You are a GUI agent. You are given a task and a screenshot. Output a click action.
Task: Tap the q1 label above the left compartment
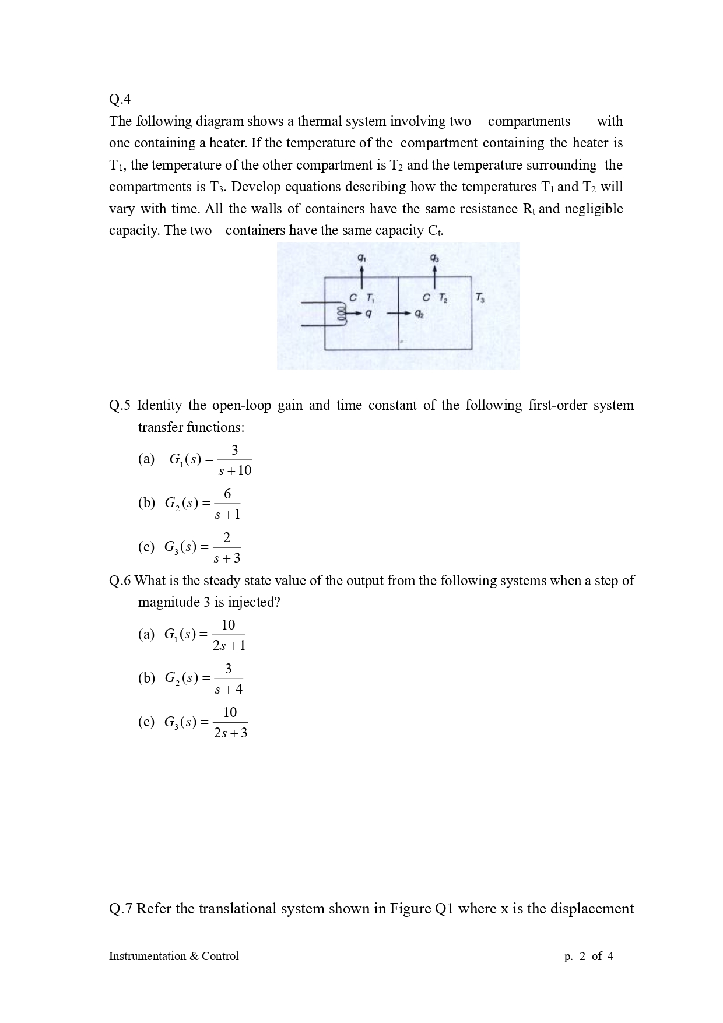coord(361,257)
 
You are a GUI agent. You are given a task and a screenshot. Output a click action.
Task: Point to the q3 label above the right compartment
coord(434,257)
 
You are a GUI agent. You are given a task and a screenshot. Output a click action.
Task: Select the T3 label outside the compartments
coord(479,298)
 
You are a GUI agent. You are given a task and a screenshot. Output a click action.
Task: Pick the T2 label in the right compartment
coord(443,298)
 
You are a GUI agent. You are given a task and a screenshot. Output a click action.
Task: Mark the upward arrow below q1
coord(361,276)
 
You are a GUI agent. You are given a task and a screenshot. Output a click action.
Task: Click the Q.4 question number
coord(120,100)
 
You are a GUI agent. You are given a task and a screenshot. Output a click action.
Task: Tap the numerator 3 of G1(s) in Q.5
coord(234,450)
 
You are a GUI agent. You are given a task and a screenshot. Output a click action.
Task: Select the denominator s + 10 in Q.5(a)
coord(234,470)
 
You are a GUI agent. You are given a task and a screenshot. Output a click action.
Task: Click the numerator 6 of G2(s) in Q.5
coord(227,494)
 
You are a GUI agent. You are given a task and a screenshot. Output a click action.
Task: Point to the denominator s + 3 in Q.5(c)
coord(227,558)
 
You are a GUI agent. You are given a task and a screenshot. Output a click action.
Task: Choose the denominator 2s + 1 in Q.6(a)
coord(229,645)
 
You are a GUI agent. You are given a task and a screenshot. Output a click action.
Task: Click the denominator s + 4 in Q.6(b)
coord(229,690)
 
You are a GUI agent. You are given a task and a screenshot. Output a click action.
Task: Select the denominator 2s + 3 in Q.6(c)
coord(230,733)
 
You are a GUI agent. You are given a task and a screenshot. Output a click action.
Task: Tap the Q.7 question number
coord(121,909)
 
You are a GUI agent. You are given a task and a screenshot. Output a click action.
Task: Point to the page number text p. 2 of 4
coord(588,956)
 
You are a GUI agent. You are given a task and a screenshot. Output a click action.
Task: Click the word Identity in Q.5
coord(159,405)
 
